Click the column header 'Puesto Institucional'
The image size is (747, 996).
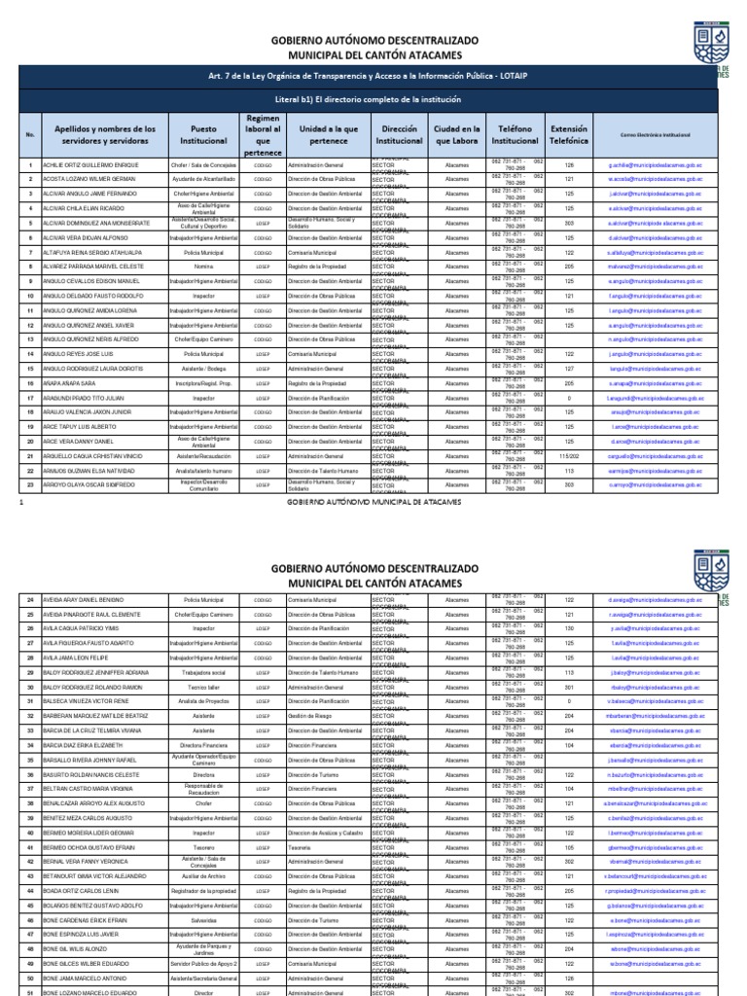coord(203,134)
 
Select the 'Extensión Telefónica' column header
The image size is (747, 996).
coord(568,134)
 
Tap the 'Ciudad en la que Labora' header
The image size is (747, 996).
coord(456,134)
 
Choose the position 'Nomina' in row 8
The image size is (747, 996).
coord(203,267)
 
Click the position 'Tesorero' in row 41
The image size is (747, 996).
coord(203,846)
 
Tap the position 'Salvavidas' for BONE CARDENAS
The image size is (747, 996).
coord(203,919)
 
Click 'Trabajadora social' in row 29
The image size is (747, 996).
coord(203,672)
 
